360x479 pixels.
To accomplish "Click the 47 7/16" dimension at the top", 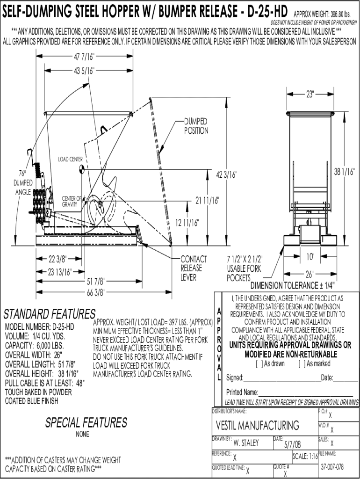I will [84, 57].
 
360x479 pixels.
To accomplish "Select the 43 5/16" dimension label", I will [84, 71].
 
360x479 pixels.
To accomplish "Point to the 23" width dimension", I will [310, 94].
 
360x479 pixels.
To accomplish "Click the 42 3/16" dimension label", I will [226, 174].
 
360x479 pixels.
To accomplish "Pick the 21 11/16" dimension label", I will [207, 201].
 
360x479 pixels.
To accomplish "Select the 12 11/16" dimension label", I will [187, 222].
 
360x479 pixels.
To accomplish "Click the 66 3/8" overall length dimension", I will [95, 292].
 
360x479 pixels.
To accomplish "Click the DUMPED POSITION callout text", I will [196, 126].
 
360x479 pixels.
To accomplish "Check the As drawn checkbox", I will [258, 363].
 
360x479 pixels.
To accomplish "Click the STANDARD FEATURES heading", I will [50, 313].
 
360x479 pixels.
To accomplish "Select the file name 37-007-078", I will [332, 467].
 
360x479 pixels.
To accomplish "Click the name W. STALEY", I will [246, 443].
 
